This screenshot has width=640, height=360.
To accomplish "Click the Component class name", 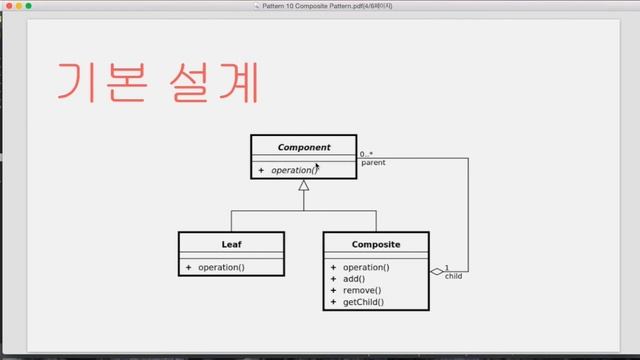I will pyautogui.click(x=303, y=147).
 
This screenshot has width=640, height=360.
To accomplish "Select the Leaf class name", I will pyautogui.click(x=231, y=244).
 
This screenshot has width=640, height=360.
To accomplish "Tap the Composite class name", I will pyautogui.click(x=376, y=244).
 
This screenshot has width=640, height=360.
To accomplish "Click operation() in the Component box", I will pyautogui.click(x=294, y=170).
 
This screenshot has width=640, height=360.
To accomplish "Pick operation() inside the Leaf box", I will pyautogui.click(x=221, y=267).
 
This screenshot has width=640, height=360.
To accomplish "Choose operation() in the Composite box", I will pyautogui.click(x=365, y=267).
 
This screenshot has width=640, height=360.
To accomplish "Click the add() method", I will pyautogui.click(x=353, y=279).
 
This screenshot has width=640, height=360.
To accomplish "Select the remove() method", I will pyautogui.click(x=360, y=290).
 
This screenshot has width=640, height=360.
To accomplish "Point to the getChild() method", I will pyautogui.click(x=363, y=301).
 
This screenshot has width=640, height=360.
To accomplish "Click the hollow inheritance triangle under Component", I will pyautogui.click(x=303, y=185).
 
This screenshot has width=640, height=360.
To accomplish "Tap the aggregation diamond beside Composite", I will pyautogui.click(x=436, y=271).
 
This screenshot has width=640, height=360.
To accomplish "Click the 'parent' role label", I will pyautogui.click(x=373, y=163).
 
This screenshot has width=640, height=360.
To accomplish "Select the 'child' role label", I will pyautogui.click(x=454, y=276).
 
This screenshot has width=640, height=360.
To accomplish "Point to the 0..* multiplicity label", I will pyautogui.click(x=367, y=154).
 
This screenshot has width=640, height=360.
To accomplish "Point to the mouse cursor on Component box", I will pyautogui.click(x=317, y=167).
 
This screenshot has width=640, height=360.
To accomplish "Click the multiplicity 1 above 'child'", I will pyautogui.click(x=446, y=267).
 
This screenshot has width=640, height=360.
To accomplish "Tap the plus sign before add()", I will pyautogui.click(x=332, y=279).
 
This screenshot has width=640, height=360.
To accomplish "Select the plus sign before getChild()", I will pyautogui.click(x=332, y=301).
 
